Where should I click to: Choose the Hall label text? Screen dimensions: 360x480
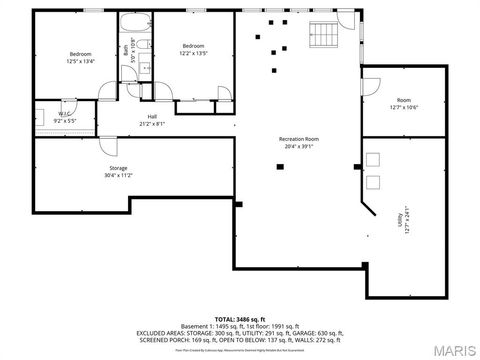(x=152, y=116)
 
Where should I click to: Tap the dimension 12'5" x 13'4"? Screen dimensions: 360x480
(x=81, y=60)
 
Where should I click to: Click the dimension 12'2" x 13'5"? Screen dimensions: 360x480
(x=194, y=53)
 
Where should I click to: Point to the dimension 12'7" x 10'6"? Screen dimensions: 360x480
(x=403, y=107)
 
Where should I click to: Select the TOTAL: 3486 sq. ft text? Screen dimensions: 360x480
(x=240, y=318)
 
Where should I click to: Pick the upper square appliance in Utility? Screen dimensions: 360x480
(x=373, y=159)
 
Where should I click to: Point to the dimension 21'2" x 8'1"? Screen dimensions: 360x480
(x=152, y=124)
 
